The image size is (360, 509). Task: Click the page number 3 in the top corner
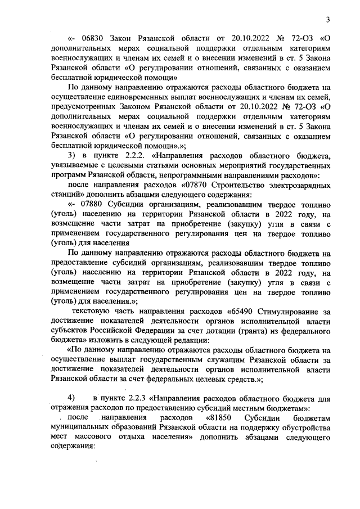327,21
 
